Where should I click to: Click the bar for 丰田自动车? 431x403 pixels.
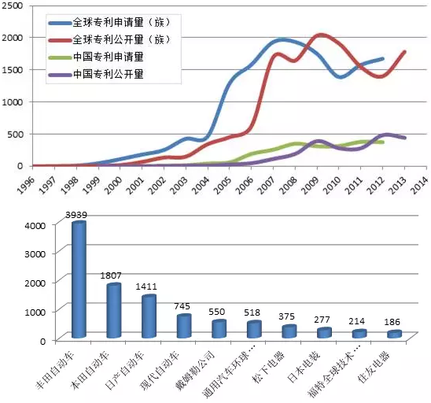click(79, 280)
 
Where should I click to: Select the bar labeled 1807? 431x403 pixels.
click(113, 311)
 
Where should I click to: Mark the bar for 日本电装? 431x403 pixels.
click(324, 334)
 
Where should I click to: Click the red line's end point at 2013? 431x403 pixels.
click(404, 52)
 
